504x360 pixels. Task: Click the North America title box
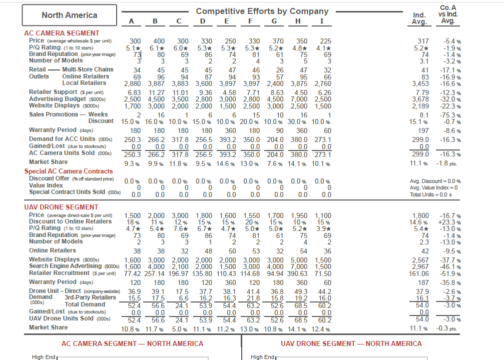[70, 15]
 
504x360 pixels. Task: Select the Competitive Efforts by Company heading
[262, 11]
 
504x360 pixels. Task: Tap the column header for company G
[274, 21]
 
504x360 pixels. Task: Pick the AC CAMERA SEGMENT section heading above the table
[55, 33]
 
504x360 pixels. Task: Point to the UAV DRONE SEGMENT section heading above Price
[62, 207]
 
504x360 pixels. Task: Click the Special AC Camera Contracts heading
[69, 171]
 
